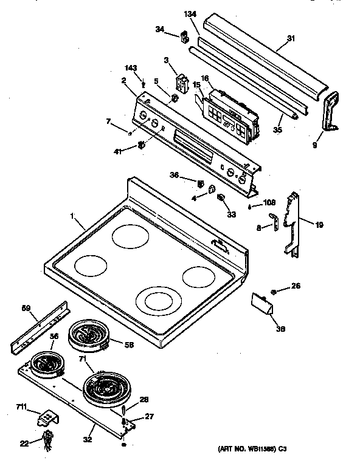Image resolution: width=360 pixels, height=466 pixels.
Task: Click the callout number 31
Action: tap(291, 38)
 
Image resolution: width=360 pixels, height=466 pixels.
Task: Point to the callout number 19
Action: tap(319, 225)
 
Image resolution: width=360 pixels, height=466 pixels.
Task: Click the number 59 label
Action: tap(26, 309)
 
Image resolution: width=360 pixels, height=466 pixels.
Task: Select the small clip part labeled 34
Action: tap(182, 38)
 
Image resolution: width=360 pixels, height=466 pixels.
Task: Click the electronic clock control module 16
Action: tap(230, 113)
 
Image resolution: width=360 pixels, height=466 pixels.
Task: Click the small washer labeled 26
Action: tap(274, 292)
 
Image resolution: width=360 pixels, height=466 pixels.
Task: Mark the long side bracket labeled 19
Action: tap(294, 222)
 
